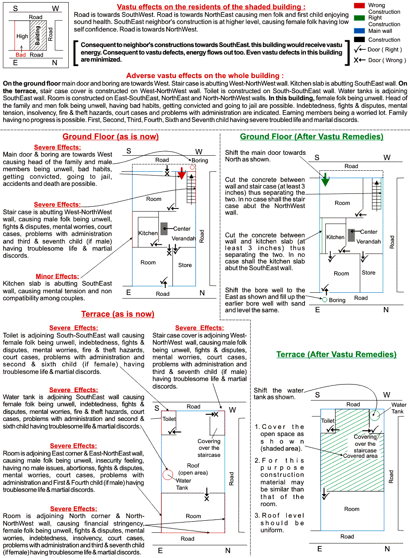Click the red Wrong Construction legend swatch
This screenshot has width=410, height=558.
tap(360, 5)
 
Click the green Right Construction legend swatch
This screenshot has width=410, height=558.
tap(360, 18)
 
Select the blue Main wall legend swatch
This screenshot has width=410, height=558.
tap(360, 31)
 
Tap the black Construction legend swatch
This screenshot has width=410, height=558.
tap(360, 39)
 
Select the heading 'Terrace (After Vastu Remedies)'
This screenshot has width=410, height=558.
tap(336, 354)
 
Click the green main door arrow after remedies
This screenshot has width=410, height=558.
tap(326, 180)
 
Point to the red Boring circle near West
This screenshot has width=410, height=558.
tap(192, 167)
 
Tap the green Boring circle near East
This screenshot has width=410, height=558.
tap(324, 300)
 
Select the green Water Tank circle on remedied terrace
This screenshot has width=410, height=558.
tap(375, 415)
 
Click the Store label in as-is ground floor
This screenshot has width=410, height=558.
tap(185, 265)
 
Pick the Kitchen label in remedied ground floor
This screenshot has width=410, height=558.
tap(336, 237)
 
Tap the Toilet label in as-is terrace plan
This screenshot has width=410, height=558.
tap(169, 419)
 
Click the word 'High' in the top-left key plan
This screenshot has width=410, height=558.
tap(22, 36)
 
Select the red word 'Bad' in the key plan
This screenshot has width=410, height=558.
tap(20, 55)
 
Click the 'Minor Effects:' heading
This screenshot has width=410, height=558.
tap(57, 276)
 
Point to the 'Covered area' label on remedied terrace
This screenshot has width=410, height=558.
tap(360, 456)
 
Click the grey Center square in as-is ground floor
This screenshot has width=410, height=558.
tap(164, 228)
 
